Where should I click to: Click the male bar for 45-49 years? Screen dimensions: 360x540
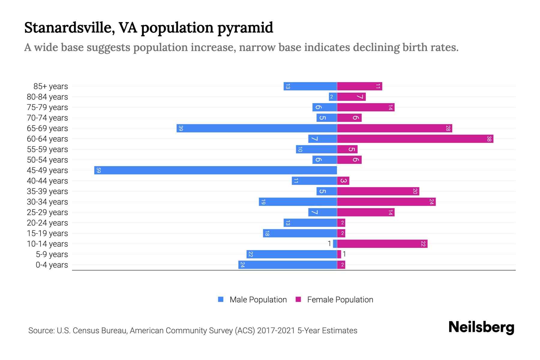(x=215, y=170)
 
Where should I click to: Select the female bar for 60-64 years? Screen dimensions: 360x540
(x=415, y=139)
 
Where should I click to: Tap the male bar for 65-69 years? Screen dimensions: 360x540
(x=256, y=128)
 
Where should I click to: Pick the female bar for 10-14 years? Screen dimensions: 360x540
(x=382, y=244)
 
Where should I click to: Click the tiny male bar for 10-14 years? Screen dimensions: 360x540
(x=335, y=244)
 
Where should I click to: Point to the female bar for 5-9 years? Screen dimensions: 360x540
(x=339, y=254)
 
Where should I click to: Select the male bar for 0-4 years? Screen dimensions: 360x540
(x=287, y=265)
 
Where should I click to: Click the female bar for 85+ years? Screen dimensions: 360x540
(x=359, y=86)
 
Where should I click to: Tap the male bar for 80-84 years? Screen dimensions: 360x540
(x=333, y=97)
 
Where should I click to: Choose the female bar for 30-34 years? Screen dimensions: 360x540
(x=386, y=202)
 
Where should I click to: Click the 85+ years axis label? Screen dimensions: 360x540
(x=50, y=86)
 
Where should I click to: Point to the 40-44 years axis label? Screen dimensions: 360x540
(x=47, y=181)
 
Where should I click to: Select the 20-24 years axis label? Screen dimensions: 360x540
(x=47, y=223)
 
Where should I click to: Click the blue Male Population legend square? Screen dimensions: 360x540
(x=221, y=299)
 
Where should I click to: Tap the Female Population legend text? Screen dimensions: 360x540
(x=340, y=299)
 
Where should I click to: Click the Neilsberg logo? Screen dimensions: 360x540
(x=481, y=327)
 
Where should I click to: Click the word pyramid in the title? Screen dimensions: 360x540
(x=245, y=28)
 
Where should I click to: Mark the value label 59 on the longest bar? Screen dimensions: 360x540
(x=98, y=170)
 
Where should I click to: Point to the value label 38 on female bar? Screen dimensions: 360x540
(x=489, y=139)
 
